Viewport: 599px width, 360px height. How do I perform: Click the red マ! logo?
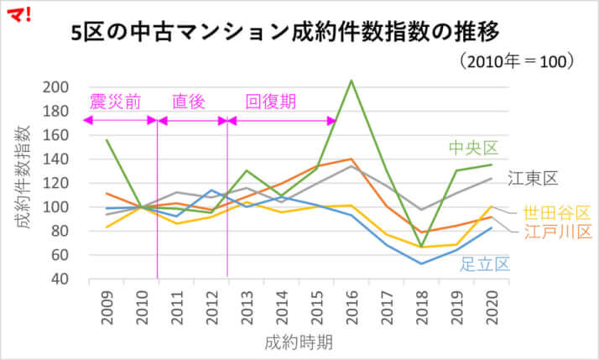16,13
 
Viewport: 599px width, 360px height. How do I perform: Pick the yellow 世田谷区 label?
557,212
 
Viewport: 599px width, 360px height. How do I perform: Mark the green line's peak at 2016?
352,81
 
